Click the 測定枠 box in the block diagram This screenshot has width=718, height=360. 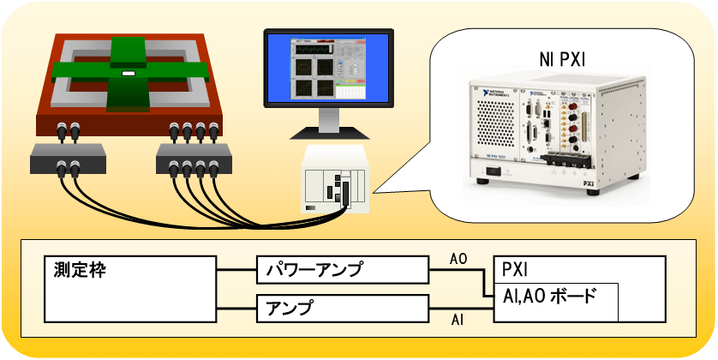click(x=129, y=288)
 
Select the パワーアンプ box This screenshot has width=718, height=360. click(x=341, y=271)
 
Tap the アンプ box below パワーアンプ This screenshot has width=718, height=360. click(x=341, y=308)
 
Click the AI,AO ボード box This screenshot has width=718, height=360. click(x=555, y=299)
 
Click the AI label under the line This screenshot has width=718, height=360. click(x=458, y=320)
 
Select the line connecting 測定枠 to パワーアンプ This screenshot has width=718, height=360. click(x=235, y=271)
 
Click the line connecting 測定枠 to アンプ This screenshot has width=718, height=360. click(x=235, y=308)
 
